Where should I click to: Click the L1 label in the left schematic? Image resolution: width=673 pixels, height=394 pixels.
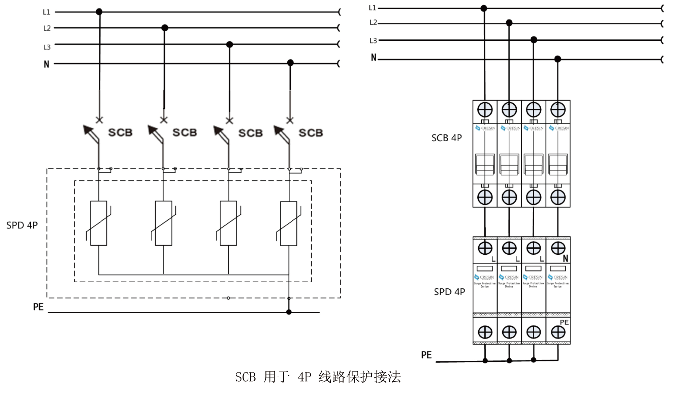pos(46,12)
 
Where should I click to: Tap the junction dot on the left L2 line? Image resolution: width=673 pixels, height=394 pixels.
pos(165,28)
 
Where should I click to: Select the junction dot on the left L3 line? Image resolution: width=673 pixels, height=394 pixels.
pos(230,44)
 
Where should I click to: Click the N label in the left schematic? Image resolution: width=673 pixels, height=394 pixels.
pos(46,64)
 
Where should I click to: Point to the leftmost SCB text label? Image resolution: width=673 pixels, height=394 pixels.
pos(120,133)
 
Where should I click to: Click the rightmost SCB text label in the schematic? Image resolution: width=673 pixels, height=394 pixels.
pos(311,133)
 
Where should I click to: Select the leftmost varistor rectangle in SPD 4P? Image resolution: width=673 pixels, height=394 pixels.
pos(99,223)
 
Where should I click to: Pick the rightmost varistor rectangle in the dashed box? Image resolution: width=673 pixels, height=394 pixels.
pos(289,223)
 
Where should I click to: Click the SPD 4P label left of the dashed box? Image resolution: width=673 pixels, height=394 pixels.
pos(22,225)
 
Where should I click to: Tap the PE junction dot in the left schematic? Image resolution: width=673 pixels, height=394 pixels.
pos(289,312)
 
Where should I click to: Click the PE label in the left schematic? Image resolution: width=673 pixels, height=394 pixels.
pos(38,307)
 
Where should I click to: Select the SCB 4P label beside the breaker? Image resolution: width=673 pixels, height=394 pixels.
pos(446,138)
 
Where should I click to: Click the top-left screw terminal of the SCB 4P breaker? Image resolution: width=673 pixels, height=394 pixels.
pos(485,110)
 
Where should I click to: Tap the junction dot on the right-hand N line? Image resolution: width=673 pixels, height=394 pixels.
pos(558,59)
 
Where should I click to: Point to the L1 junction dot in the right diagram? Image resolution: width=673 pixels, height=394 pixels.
pos(484,8)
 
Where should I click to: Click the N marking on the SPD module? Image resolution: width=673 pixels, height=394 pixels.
pos(566,258)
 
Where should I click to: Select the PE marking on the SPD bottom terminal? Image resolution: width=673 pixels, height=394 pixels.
pos(564,322)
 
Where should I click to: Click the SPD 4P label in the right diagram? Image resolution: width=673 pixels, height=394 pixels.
pos(449,292)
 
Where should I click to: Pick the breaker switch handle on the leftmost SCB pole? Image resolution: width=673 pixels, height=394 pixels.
pos(485,165)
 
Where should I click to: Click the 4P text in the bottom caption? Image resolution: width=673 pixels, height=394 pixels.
pos(304,377)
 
